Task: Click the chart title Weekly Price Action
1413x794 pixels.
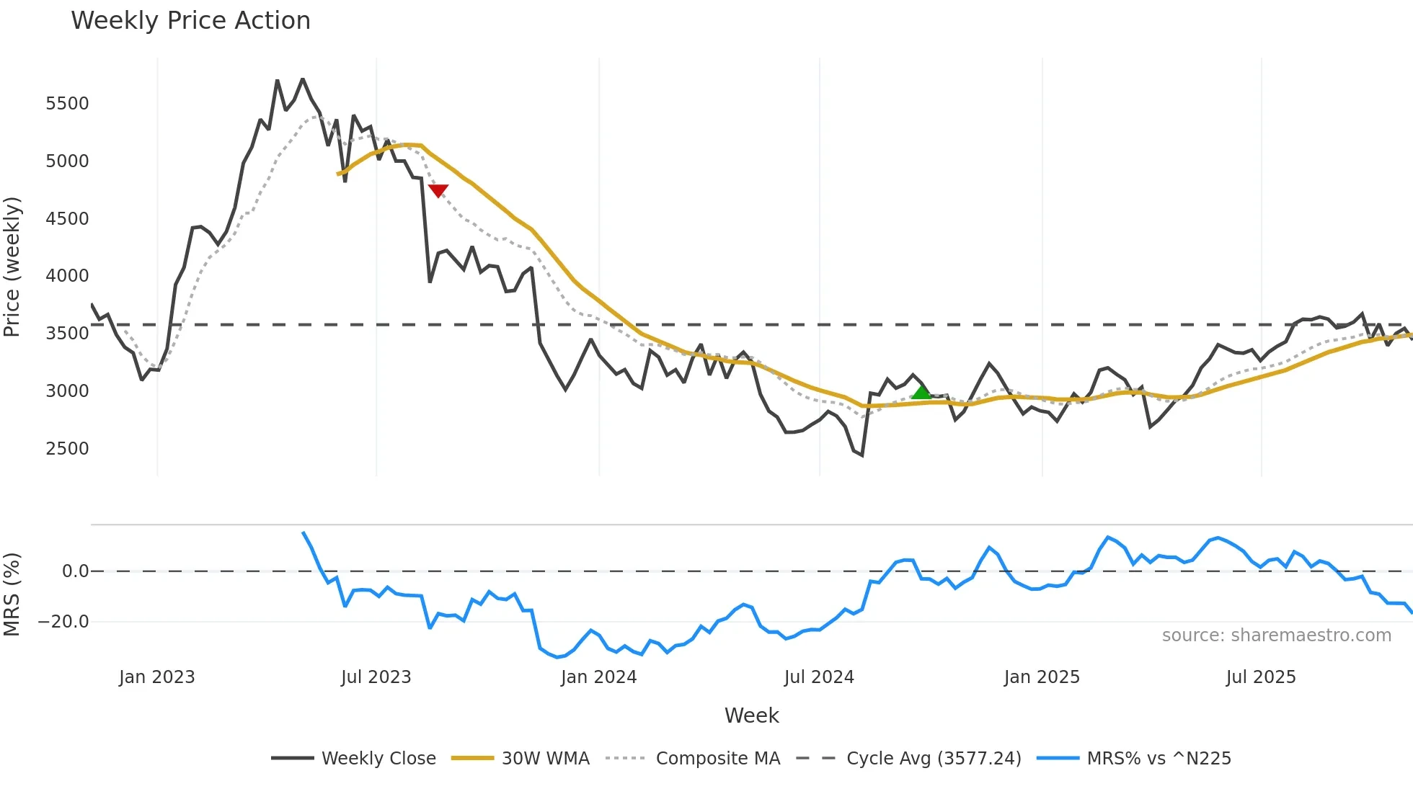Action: click(x=190, y=21)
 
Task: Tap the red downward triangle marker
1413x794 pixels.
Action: click(x=438, y=190)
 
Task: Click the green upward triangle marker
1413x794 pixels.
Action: click(x=921, y=393)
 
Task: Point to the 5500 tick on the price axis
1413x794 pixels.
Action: click(x=67, y=104)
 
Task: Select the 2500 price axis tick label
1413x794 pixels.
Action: click(x=67, y=449)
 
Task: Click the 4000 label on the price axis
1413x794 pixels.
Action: click(x=67, y=276)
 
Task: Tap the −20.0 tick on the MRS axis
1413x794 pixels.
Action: click(x=63, y=622)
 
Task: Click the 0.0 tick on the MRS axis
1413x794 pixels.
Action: click(x=75, y=571)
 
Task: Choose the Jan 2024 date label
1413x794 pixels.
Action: click(x=598, y=677)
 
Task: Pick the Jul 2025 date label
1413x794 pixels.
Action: click(x=1260, y=677)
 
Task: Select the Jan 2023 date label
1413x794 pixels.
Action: click(x=156, y=677)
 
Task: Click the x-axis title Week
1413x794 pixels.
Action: click(x=751, y=715)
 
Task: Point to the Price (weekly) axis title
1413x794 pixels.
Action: click(x=12, y=267)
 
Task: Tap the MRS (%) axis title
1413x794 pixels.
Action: click(x=12, y=594)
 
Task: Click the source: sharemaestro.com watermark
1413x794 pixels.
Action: click(x=1276, y=635)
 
